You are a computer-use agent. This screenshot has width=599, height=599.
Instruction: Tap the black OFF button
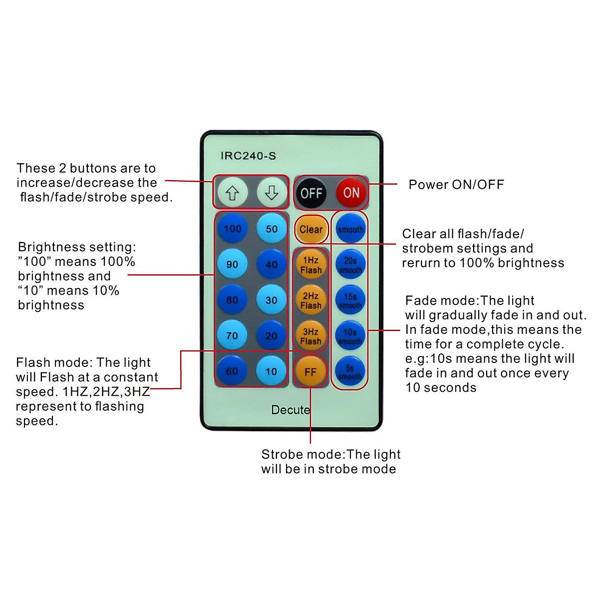tap(311, 193)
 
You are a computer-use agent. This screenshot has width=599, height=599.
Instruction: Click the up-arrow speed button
tap(232, 193)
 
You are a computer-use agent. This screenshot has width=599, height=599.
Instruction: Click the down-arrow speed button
tap(272, 193)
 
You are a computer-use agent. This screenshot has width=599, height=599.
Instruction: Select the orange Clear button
tap(311, 229)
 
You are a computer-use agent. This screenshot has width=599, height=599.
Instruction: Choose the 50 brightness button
tap(272, 229)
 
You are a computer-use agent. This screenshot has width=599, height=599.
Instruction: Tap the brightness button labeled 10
tap(272, 371)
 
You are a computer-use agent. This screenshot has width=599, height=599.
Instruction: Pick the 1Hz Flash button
tap(311, 265)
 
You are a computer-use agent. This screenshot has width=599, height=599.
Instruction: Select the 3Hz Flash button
tap(311, 336)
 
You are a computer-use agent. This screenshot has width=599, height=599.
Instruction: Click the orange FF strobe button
tap(310, 372)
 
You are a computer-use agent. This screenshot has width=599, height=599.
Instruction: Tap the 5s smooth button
tap(350, 372)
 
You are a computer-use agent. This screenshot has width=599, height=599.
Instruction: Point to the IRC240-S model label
tap(248, 156)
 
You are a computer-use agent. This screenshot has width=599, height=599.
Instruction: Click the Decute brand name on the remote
tap(291, 410)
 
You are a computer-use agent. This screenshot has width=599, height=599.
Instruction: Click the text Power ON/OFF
tap(456, 185)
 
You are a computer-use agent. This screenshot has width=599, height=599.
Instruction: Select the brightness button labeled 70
tap(232, 335)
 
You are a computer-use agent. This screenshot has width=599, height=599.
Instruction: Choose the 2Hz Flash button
tap(311, 300)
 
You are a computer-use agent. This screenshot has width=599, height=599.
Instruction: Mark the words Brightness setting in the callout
tap(76, 247)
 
